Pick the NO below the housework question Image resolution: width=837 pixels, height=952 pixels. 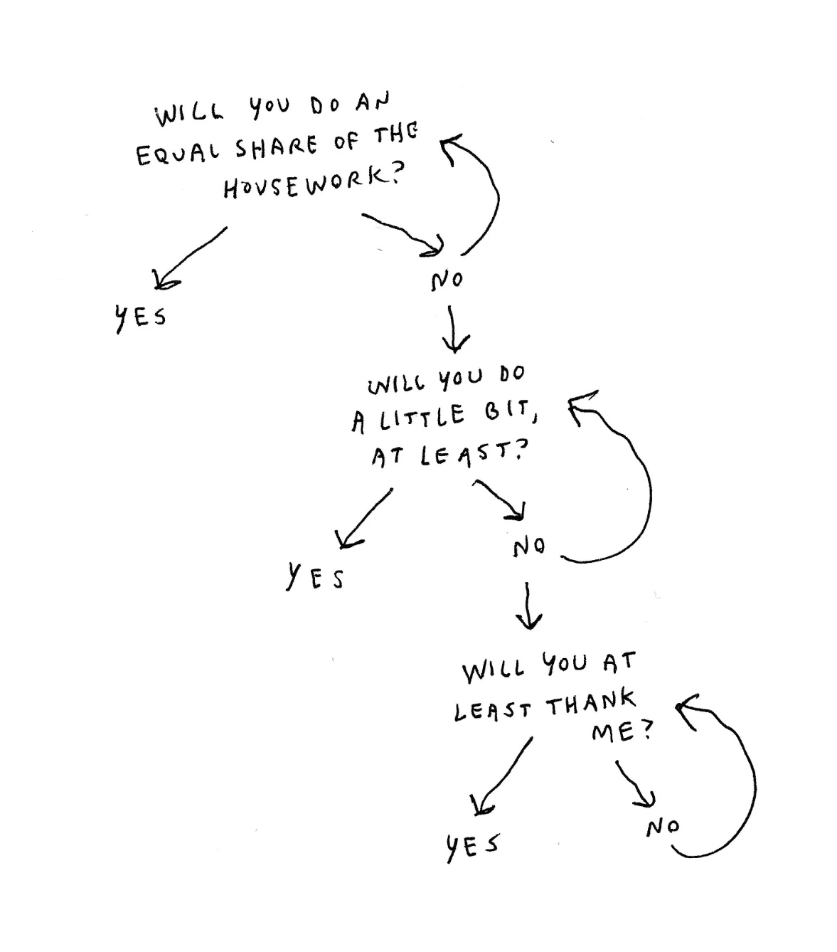(447, 280)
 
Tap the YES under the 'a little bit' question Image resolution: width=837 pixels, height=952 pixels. (315, 576)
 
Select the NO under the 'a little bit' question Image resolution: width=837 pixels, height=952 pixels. (529, 547)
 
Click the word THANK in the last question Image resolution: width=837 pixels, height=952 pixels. (590, 705)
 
